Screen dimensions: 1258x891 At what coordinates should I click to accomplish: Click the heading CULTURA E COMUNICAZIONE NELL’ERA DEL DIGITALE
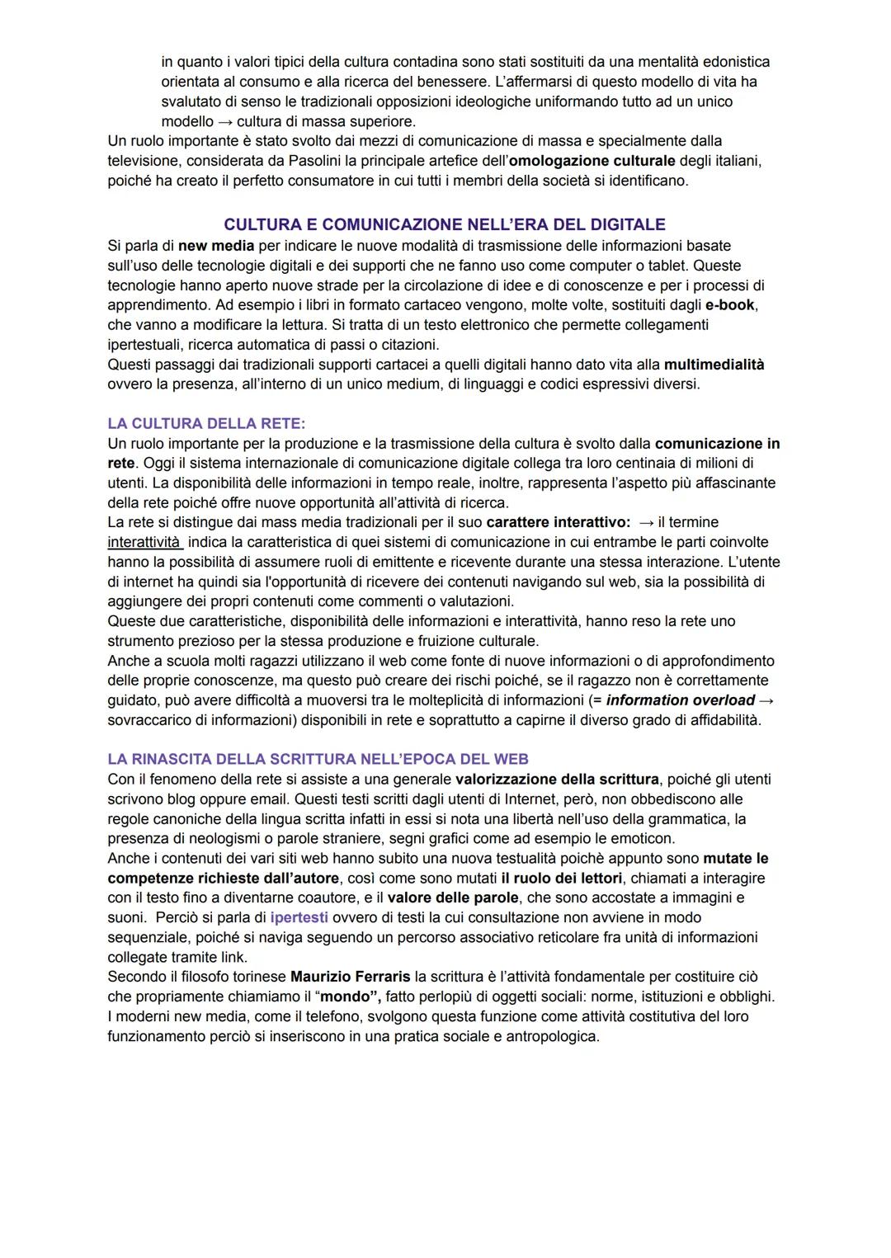tap(444, 224)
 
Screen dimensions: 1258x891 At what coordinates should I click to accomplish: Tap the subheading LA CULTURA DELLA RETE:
tap(206, 423)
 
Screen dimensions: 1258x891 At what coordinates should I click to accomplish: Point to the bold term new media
tap(216, 246)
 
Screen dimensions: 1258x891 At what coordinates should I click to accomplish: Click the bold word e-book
tap(730, 305)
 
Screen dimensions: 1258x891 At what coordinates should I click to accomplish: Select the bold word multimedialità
tap(714, 365)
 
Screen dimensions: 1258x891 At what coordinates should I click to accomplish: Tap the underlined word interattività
tap(144, 543)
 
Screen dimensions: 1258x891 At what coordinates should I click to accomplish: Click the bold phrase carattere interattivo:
tap(558, 523)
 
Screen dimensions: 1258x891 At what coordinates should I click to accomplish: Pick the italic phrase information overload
tap(680, 700)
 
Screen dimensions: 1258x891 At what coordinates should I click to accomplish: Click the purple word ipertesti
tap(299, 917)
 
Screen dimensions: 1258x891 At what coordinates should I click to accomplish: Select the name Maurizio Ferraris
tap(350, 977)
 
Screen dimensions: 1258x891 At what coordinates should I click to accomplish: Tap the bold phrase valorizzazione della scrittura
tap(557, 780)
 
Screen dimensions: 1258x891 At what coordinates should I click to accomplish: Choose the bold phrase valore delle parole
tap(452, 898)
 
